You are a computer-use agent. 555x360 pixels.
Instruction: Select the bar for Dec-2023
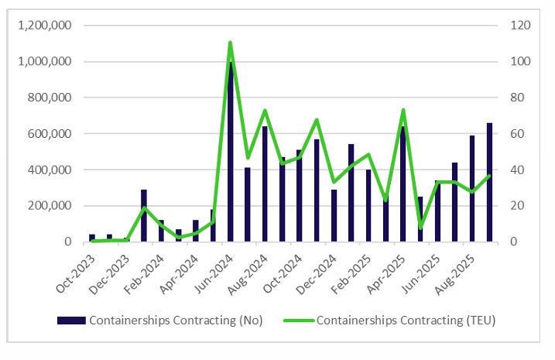[127, 239]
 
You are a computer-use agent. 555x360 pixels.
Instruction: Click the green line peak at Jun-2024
[230, 43]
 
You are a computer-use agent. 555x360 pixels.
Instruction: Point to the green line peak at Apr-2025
[403, 110]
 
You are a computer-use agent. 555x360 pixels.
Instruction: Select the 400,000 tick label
[50, 170]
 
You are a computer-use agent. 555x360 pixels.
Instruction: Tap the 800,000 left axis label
[50, 98]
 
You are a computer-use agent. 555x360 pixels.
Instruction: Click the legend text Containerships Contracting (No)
[176, 320]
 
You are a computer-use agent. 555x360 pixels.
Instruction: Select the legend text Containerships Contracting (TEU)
[406, 320]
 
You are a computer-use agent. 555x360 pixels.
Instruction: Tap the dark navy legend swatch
[71, 320]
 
